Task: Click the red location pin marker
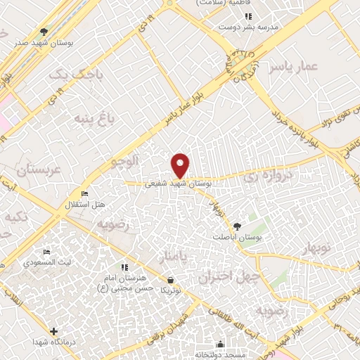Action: [181, 165]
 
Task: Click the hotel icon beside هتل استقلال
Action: [85, 194]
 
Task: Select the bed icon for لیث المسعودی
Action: [47, 252]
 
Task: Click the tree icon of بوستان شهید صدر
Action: [44, 32]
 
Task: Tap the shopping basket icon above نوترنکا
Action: [171, 280]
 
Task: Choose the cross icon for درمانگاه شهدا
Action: [53, 330]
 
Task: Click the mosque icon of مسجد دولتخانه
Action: [220, 345]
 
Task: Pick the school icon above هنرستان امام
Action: [124, 268]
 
